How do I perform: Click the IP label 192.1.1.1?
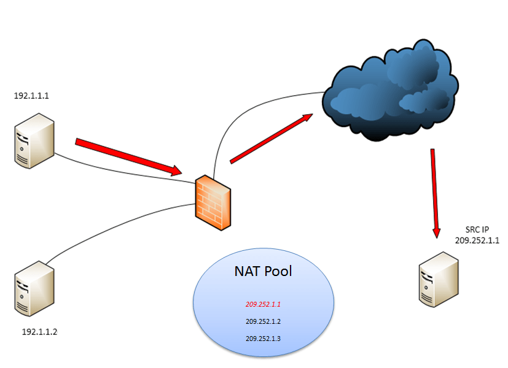32,96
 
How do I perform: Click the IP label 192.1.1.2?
39,332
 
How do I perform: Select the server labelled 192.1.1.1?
34,140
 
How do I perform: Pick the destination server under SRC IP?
439,279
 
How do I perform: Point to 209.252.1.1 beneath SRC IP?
477,240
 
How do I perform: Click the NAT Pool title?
263,271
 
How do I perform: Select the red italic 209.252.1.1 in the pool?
263,304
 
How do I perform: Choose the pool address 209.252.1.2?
263,321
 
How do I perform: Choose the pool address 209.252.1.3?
263,338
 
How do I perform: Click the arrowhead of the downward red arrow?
436,232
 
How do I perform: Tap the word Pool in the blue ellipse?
279,271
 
